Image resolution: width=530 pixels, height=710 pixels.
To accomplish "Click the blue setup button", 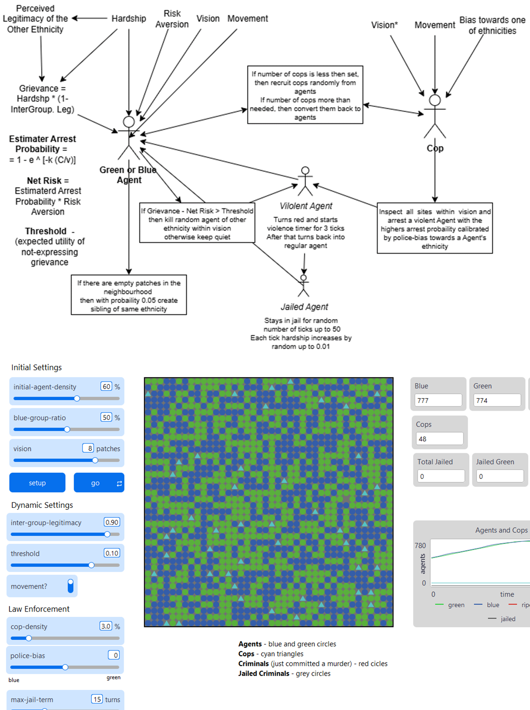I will pos(37,483).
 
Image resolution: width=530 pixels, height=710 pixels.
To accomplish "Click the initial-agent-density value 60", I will pos(106,386).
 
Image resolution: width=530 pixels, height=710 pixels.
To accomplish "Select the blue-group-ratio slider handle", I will pos(67,429).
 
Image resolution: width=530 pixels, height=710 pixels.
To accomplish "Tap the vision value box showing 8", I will pos(88,448).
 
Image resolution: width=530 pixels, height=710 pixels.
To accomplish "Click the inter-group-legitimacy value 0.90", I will pos(111,522).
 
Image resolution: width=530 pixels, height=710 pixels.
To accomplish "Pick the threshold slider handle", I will pos(91,565).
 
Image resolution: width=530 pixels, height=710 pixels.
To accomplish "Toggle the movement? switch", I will pos(70,586).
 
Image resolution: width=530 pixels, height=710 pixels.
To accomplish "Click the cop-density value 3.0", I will pos(106,626).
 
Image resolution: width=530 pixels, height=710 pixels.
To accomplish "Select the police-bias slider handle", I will pos(65,667).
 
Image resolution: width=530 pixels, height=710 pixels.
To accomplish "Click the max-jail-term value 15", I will pos(97,699).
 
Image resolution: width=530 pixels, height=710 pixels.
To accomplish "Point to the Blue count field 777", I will pos(438,400).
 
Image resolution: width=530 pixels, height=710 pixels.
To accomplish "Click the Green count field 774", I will pos(497,400).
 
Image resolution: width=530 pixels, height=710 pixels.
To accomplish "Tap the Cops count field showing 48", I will pos(439,439).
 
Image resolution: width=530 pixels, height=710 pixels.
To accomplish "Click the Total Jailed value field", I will pos(441,476).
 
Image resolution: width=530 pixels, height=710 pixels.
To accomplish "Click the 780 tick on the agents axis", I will pos(420,545).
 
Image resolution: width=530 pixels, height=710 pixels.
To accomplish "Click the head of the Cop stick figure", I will pos(435,100).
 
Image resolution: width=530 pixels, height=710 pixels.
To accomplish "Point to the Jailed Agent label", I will pos(304,307).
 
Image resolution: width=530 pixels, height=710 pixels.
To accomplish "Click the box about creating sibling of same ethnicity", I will pos(129,295).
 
